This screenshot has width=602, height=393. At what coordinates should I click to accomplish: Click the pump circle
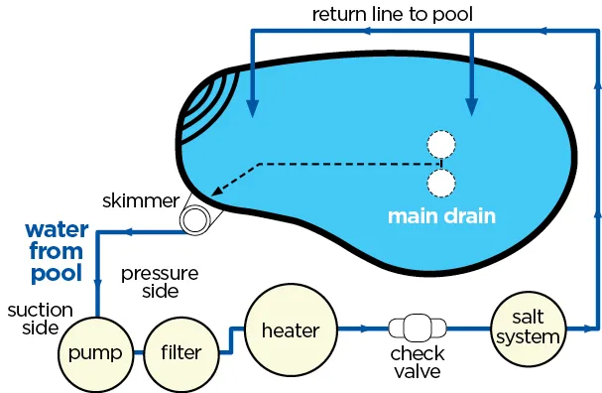96,353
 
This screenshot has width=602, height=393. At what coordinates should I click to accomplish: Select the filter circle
181,353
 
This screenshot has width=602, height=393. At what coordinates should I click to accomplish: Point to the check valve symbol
417,327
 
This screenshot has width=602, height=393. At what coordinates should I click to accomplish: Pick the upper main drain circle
440,146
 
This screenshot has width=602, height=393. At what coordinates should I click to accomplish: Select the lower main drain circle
440,182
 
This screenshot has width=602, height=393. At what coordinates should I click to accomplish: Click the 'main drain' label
440,216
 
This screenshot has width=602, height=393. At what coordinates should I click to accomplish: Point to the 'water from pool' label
56,250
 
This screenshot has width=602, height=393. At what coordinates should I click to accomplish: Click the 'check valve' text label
417,363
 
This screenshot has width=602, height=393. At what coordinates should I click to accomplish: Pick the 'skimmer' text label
139,201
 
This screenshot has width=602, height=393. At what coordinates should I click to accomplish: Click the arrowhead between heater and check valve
369,327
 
